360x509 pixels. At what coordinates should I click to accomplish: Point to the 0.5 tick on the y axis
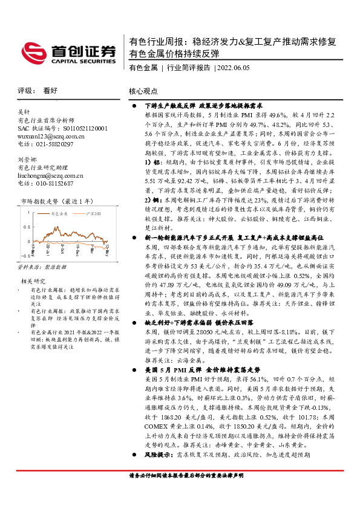(x=27, y=226)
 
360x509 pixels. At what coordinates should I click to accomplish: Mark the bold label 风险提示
(x=159, y=470)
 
